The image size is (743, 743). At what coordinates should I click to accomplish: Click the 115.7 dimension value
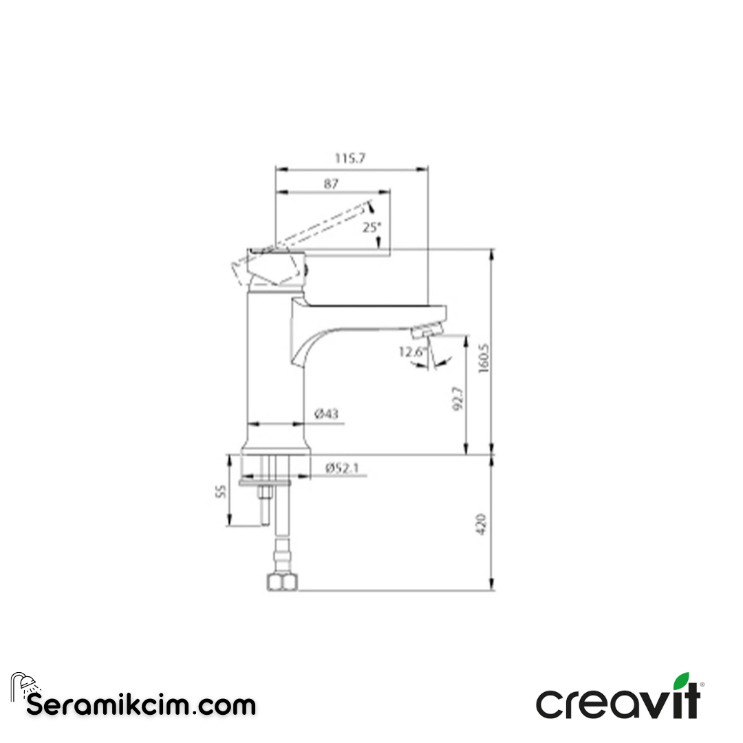coord(350,158)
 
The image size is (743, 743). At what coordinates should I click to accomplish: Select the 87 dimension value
coord(331,184)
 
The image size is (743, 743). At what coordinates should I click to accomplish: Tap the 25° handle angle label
coord(371,226)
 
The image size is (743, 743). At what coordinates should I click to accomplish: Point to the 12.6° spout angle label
coord(413,352)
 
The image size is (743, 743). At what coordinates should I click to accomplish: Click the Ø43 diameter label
coord(326,414)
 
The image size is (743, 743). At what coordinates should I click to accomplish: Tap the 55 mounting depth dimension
coord(220,491)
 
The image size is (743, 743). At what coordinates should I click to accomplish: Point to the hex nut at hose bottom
coord(282,583)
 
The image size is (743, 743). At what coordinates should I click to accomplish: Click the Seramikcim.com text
coord(141,705)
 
